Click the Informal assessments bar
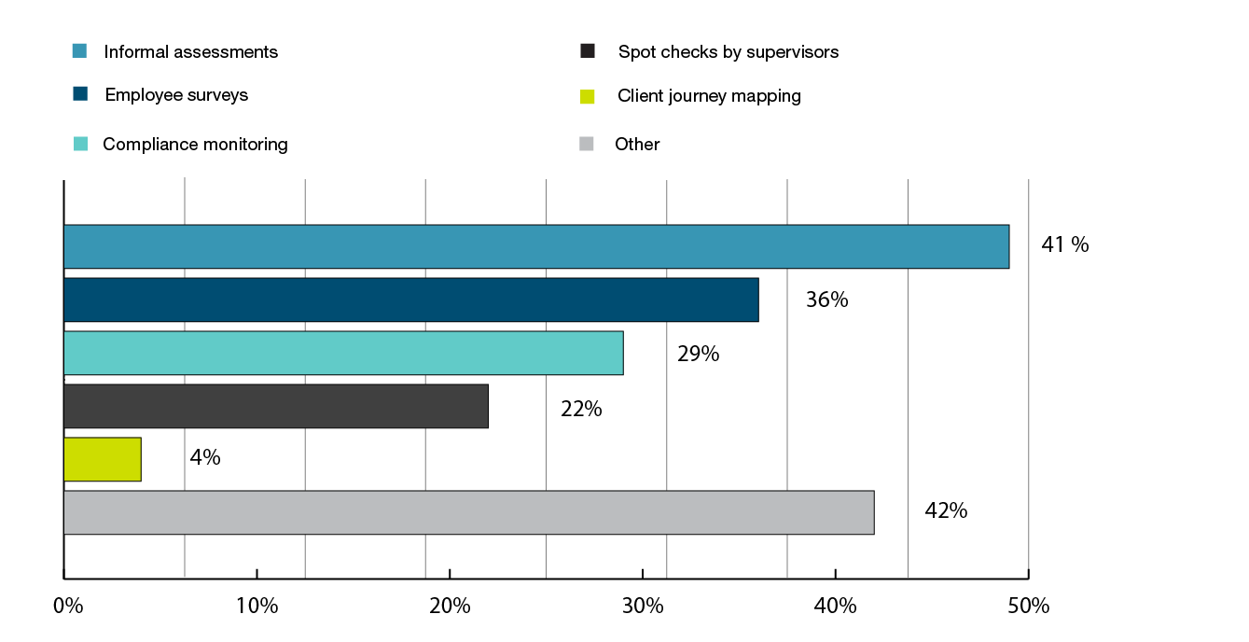pos(536,246)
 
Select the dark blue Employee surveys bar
pos(410,300)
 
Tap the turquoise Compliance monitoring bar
pos(343,353)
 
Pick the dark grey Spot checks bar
pos(276,406)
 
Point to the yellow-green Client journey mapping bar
pos(103,459)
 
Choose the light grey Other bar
pos(468,512)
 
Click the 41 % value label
pos(1064,245)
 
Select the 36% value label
pos(826,300)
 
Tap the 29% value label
pos(698,355)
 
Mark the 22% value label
pos(581,409)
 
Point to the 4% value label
pos(205,458)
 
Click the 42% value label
pos(946,511)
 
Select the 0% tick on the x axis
pos(69,606)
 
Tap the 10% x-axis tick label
pos(257,606)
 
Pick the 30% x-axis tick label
pos(643,606)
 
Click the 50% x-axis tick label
pos(1029,606)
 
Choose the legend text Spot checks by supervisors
pos(728,52)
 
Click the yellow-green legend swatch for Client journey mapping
pos(587,96)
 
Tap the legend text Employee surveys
pos(176,95)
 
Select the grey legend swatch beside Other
pos(587,144)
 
